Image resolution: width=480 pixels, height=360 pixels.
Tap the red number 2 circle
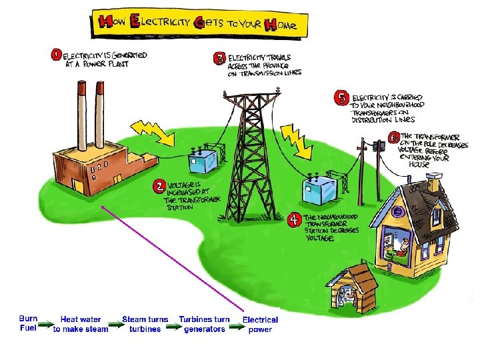(x=160, y=185)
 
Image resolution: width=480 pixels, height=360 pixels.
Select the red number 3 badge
(x=219, y=59)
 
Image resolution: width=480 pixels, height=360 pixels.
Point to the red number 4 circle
(x=295, y=219)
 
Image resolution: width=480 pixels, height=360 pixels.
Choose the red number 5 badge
(x=342, y=99)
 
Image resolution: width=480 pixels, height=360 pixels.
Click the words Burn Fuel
(x=29, y=324)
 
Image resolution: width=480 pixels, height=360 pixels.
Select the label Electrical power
(x=261, y=325)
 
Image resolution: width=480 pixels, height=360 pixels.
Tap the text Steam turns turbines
(x=145, y=325)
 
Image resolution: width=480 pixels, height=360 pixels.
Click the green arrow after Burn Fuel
(x=45, y=327)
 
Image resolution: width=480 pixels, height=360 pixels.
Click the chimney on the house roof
(x=434, y=179)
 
